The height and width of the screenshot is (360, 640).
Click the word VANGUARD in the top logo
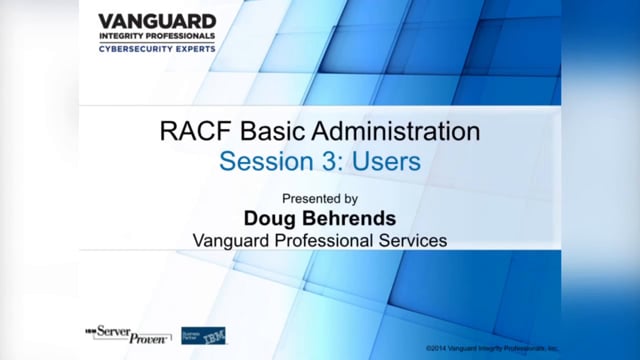[x=156, y=21]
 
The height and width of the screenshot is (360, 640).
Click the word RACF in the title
[x=187, y=131]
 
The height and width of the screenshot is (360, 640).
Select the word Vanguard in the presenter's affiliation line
[x=232, y=240]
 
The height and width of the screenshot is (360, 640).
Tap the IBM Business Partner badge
[x=203, y=334]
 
